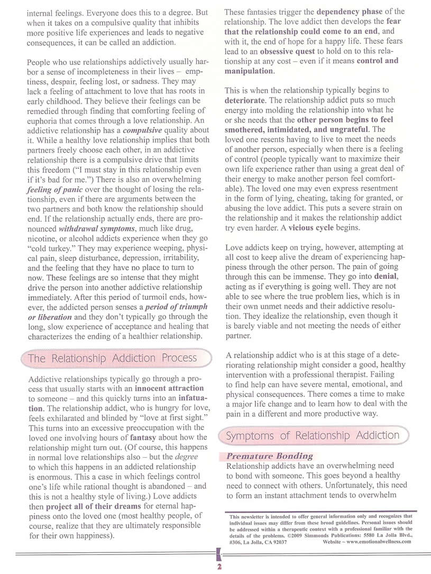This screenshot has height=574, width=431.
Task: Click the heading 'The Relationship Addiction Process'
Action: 112,359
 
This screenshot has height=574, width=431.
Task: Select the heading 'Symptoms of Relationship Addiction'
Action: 313,436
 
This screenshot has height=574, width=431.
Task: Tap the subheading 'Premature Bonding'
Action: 270,456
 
